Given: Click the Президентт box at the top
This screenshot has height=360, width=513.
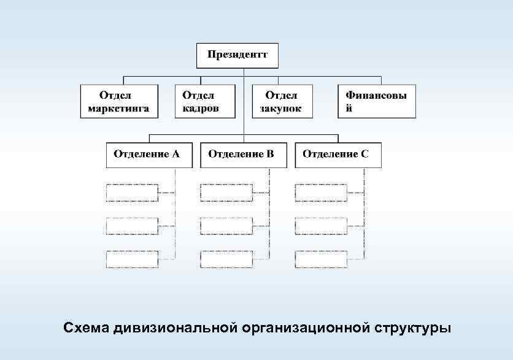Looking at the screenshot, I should coord(237,56).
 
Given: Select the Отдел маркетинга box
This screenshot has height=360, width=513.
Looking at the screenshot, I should coord(120,101).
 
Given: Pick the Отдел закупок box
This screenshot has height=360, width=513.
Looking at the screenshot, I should coord(282,101).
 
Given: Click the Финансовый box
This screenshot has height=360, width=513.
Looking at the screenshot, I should coord(377,101).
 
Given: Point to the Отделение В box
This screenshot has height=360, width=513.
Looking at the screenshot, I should coord(244,155).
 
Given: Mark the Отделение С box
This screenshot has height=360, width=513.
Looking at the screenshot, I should coord(338,155).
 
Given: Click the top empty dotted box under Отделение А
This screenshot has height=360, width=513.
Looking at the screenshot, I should coord(131,193).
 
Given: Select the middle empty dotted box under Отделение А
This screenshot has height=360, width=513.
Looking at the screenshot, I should coord(131,226).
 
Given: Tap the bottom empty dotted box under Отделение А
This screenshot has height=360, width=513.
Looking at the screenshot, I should coord(131,259).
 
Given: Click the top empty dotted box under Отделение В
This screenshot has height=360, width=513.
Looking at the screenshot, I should coord(226,193).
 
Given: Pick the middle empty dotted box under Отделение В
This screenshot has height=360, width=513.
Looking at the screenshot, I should coord(226,226).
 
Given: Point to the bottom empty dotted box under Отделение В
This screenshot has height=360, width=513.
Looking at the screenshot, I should coord(226,259).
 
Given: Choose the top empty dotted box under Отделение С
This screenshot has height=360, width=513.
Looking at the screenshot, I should coord(320,193).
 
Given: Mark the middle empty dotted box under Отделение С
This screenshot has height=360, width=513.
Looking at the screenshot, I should coord(320,226).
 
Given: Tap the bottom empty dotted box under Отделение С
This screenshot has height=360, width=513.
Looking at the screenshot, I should coord(320,259).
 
